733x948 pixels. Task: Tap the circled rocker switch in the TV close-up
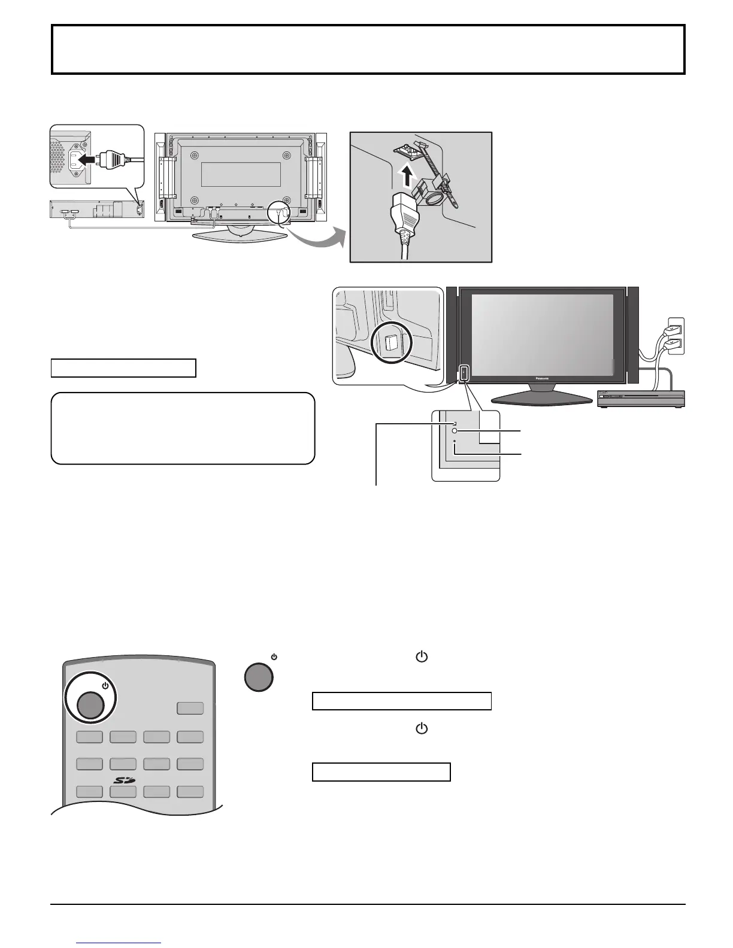point(392,342)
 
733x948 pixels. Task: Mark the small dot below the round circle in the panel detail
point(455,442)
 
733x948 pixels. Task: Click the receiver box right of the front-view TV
point(641,398)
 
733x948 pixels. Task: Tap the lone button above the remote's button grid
point(190,708)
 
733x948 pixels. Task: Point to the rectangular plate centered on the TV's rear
point(241,174)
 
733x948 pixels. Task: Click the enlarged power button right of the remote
point(259,677)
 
